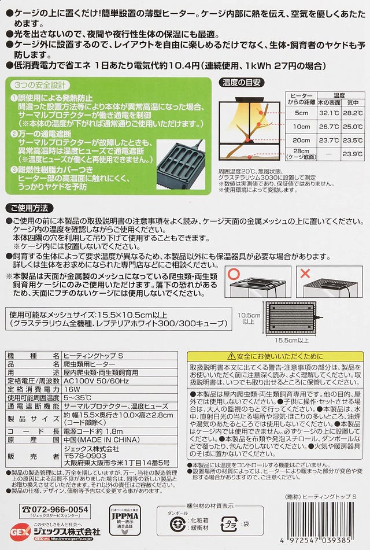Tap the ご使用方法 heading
pyautogui.click(x=29, y=207)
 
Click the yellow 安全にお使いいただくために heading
pyautogui.click(x=272, y=356)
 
